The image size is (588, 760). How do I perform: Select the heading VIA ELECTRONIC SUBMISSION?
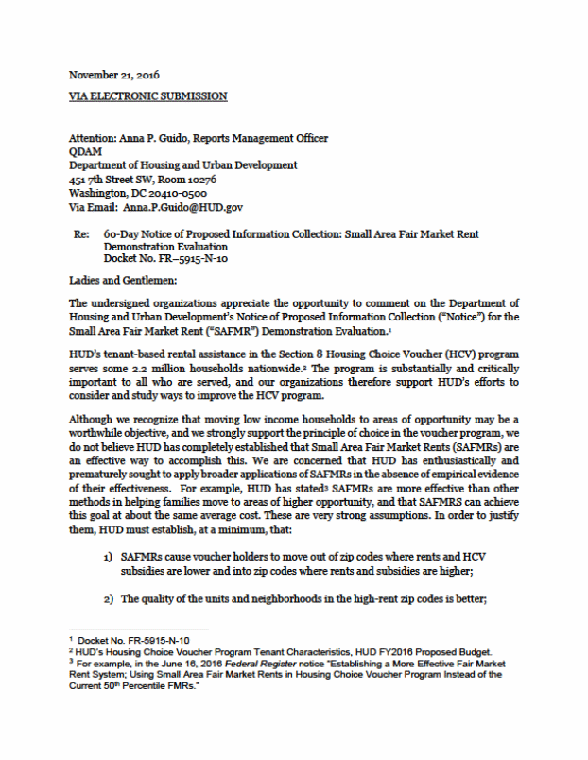pyautogui.click(x=148, y=95)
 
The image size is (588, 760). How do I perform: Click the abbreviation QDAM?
pyautogui.click(x=85, y=151)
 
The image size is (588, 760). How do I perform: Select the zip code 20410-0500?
pyautogui.click(x=187, y=191)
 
